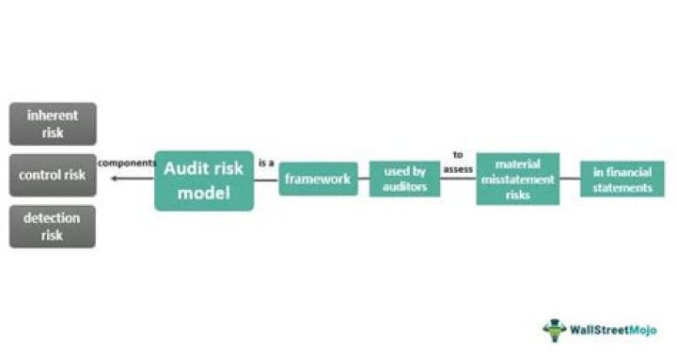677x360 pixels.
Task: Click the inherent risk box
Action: click(x=53, y=123)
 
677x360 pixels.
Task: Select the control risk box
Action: click(x=53, y=175)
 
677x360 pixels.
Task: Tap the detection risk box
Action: click(x=53, y=227)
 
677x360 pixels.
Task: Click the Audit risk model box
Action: click(x=204, y=180)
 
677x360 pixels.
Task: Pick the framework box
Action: click(x=318, y=179)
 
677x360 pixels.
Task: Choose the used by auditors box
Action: click(x=404, y=179)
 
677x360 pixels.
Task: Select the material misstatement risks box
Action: click(x=517, y=179)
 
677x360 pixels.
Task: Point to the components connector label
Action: click(x=126, y=164)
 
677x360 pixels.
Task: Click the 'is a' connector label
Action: click(x=266, y=164)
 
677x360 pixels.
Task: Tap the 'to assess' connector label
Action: click(x=458, y=161)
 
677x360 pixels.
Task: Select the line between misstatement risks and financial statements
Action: click(x=569, y=179)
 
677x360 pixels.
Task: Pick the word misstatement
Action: click(x=517, y=179)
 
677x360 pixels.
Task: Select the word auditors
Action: click(x=404, y=187)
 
